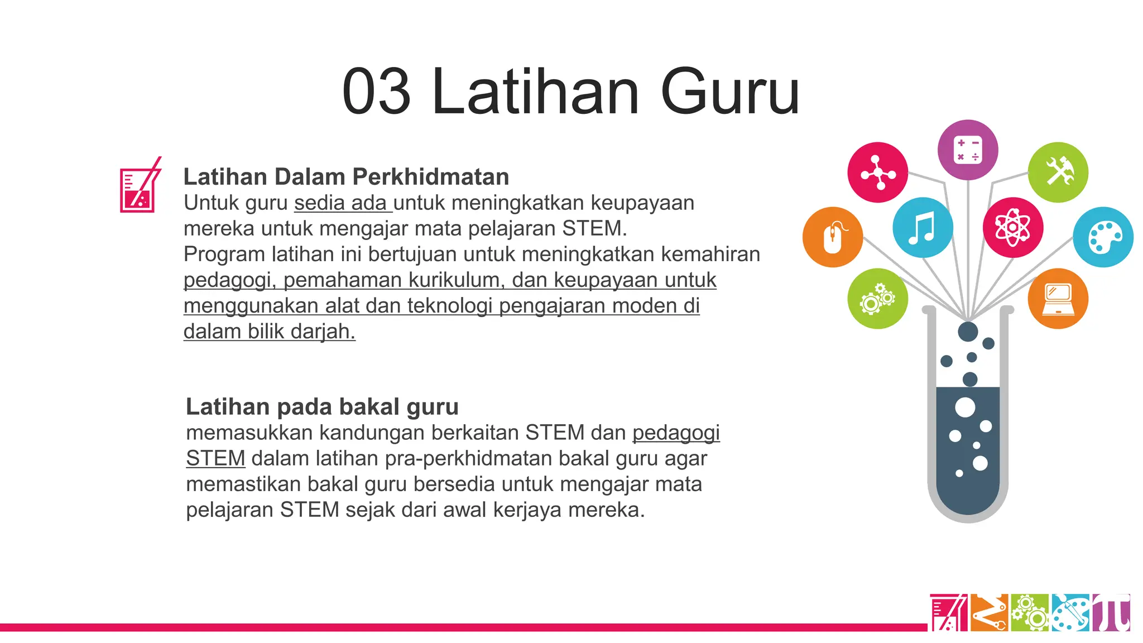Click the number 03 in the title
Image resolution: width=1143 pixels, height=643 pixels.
[377, 92]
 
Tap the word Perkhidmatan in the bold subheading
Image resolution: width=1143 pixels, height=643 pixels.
[431, 177]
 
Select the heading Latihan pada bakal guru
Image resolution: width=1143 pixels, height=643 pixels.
[322, 407]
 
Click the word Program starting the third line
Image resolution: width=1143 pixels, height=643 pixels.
[224, 255]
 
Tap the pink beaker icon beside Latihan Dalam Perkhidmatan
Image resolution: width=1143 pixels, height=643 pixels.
[140, 186]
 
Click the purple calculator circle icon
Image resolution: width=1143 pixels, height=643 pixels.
[968, 150]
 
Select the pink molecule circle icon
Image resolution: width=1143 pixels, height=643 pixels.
[877, 172]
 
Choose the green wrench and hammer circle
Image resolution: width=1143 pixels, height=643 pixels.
[1058, 172]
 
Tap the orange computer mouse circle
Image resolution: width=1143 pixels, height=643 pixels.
[833, 237]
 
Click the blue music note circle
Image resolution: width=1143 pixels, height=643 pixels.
[923, 228]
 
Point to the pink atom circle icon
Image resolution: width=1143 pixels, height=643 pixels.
[1013, 228]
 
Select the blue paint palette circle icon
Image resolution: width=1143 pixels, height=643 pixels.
[1103, 237]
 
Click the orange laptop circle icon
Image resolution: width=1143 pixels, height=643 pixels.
[1058, 299]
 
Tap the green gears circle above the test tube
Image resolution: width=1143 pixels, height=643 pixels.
[877, 299]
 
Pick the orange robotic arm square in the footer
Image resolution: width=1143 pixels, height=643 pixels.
[989, 613]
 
